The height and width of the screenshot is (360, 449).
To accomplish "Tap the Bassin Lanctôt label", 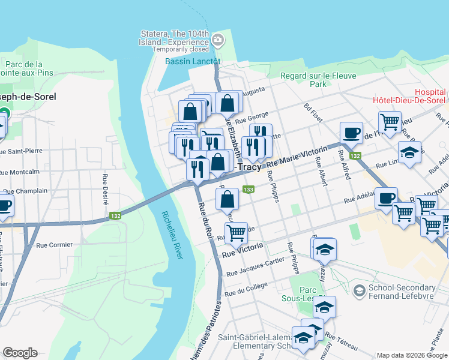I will [x=193, y=62].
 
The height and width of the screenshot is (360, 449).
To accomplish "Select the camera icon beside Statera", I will [x=217, y=41].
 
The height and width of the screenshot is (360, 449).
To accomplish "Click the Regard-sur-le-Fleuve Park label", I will [x=318, y=80].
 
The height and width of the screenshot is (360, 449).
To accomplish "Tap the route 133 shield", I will [x=247, y=190].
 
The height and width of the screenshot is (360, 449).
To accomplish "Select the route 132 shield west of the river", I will [x=115, y=215].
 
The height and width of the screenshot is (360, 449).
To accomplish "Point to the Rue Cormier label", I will [x=54, y=245].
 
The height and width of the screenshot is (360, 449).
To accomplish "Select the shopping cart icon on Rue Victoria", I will [x=237, y=233].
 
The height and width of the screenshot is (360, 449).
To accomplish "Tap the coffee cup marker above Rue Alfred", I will [x=351, y=133].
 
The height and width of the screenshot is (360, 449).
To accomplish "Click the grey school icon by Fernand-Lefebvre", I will [x=359, y=291].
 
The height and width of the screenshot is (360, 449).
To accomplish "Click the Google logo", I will [x=20, y=353].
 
